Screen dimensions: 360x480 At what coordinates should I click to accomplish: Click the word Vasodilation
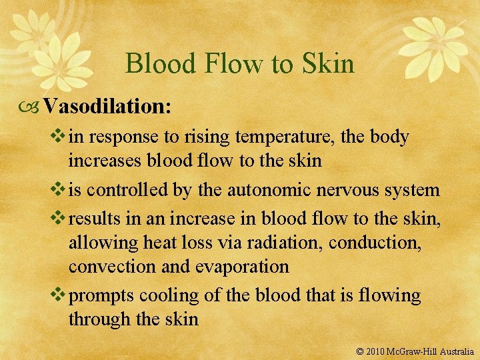coord(107,107)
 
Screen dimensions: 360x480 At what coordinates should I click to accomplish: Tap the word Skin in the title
coord(326,64)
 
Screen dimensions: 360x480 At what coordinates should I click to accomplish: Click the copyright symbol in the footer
coord(361,350)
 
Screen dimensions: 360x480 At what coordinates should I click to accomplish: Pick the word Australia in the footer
coord(455,350)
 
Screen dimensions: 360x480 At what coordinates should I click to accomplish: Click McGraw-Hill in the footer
coord(415,350)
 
